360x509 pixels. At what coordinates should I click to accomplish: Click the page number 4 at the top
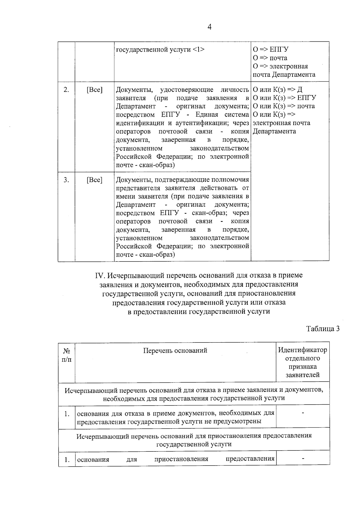point(209,27)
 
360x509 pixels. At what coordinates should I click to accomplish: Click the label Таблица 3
point(323,328)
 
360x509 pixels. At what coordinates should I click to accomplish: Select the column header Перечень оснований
point(175,350)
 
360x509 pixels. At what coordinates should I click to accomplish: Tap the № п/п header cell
point(67,355)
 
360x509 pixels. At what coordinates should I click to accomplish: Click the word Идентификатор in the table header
point(302,350)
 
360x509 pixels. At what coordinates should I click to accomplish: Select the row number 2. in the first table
point(66,89)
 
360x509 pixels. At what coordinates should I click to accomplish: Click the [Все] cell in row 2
point(94,89)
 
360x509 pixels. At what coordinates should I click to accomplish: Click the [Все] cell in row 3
point(94,180)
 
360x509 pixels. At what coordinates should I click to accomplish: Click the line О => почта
point(270,58)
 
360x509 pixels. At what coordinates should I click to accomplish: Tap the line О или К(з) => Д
point(277,89)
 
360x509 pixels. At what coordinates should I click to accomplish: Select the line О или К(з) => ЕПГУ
point(284,98)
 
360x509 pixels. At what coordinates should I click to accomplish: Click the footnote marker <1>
point(199,49)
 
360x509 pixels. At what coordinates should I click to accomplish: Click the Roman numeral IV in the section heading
point(99,275)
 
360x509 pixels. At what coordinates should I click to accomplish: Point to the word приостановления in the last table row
point(181,459)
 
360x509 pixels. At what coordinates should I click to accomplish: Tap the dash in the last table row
point(303,458)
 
